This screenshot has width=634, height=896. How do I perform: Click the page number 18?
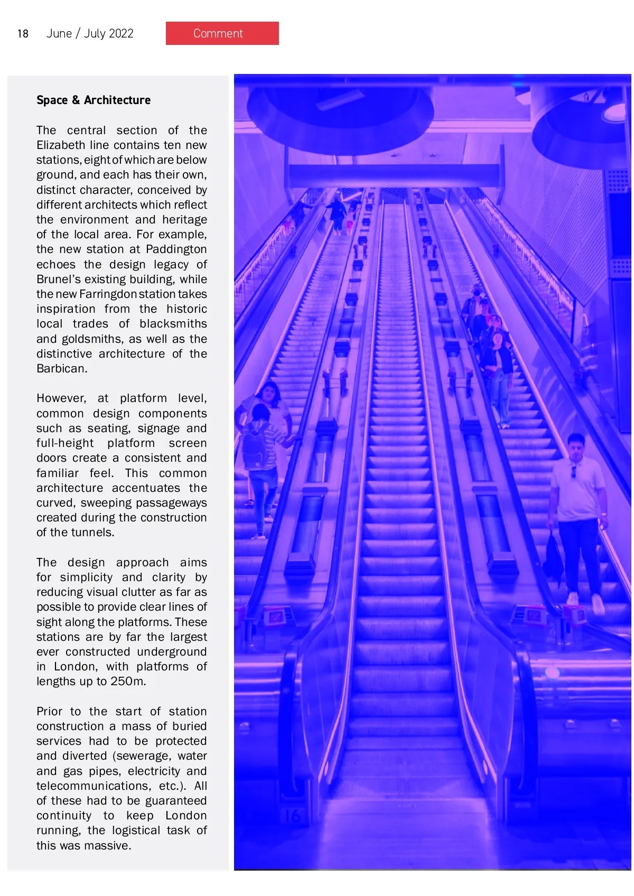[x=23, y=34]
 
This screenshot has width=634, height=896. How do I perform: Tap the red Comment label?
[x=222, y=33]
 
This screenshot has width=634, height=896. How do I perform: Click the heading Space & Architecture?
[x=94, y=100]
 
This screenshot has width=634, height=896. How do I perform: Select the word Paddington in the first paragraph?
[x=176, y=249]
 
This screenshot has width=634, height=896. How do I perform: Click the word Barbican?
[x=61, y=368]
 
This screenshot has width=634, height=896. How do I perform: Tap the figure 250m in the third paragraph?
[x=128, y=681]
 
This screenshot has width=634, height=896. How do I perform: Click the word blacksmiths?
[x=173, y=323]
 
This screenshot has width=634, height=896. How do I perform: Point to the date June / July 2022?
[x=90, y=34]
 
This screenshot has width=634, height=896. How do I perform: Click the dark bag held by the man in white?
[x=553, y=557]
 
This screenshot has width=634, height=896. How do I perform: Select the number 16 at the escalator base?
[x=293, y=816]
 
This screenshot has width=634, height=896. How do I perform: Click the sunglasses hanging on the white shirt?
[x=573, y=471]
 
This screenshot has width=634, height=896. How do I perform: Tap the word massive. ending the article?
[x=107, y=845]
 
